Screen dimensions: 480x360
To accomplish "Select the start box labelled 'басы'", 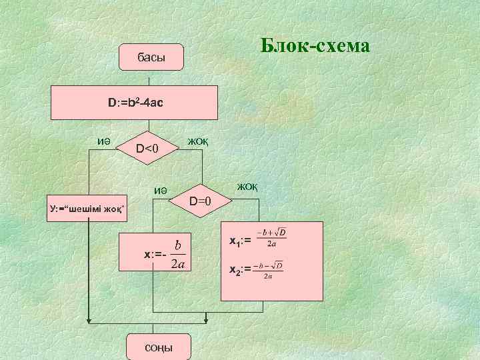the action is (x=151, y=59).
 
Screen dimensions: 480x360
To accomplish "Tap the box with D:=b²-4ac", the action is (x=136, y=103).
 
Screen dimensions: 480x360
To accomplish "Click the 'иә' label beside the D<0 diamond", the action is (x=103, y=141).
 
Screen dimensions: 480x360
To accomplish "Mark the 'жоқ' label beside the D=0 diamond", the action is (x=246, y=186).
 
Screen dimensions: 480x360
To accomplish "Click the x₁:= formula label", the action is (x=240, y=241).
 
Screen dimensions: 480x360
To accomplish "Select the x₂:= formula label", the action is (x=240, y=270).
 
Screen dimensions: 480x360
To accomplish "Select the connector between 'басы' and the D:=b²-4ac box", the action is (x=151, y=79).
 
